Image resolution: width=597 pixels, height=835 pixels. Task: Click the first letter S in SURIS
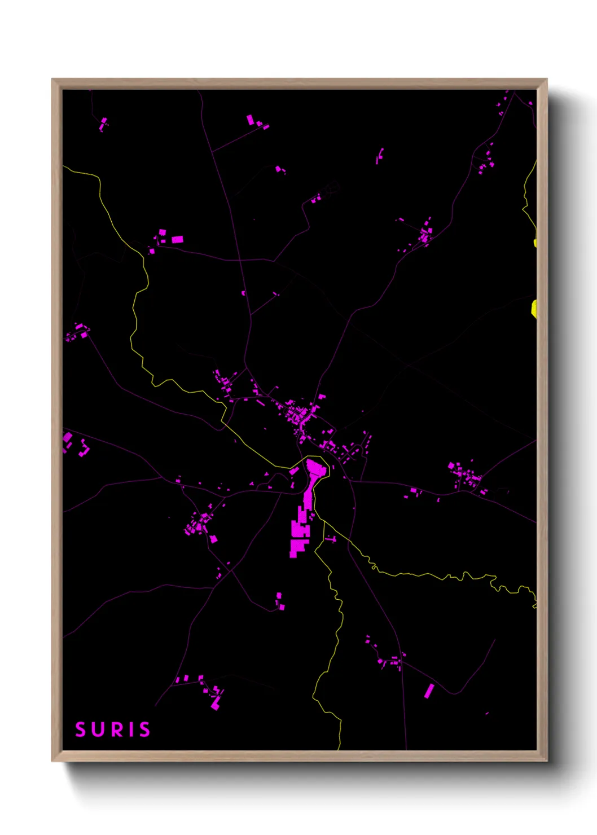[x=80, y=729]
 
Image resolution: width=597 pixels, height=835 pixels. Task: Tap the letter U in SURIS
[x=97, y=729]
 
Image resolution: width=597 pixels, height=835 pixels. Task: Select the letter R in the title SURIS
[x=114, y=729]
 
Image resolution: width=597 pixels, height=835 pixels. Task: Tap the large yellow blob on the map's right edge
[x=534, y=309]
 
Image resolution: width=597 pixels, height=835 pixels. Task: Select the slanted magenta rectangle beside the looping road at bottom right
[x=429, y=691]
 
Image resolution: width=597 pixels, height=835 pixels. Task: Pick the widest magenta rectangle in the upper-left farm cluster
[x=177, y=240]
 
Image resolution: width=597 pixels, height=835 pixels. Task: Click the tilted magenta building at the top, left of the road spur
[x=250, y=120]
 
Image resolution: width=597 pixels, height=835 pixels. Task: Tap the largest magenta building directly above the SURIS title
[x=215, y=704]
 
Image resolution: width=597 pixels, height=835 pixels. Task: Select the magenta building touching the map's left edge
[x=67, y=437]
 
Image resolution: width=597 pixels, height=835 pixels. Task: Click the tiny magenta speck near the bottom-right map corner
[x=487, y=714]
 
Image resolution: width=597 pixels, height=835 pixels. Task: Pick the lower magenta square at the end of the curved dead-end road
[x=282, y=607]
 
